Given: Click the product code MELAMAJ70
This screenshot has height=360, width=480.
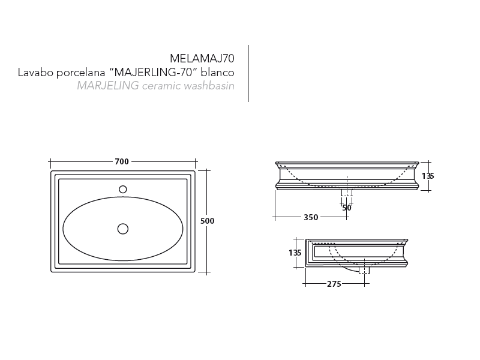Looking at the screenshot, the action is click(202, 58).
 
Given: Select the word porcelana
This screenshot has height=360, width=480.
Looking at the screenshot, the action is click(81, 73).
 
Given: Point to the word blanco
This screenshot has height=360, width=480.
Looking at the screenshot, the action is click(218, 73).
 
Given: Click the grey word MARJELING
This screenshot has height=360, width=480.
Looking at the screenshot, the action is click(108, 86).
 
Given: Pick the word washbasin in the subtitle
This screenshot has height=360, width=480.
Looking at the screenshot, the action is click(209, 86).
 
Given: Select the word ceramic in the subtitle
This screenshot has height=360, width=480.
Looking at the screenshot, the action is click(161, 86).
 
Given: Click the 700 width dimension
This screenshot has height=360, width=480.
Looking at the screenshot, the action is click(122, 161).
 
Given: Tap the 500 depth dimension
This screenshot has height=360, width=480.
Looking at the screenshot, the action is click(207, 221).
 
